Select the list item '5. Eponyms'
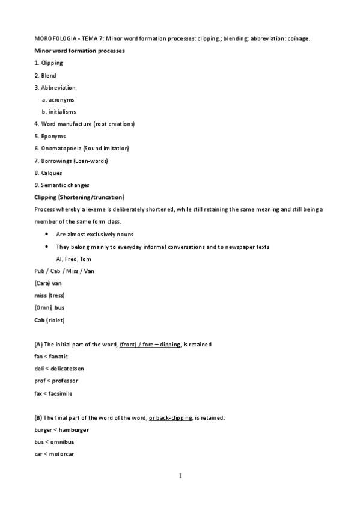[50, 136]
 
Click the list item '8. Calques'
[48, 173]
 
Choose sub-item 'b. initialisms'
[59, 112]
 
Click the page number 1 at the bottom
[180, 476]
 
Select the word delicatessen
[67, 369]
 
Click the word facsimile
[63, 393]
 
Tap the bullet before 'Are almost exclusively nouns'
[47, 235]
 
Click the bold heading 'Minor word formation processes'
[79, 51]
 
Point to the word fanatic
[58, 356]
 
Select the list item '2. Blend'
[45, 75]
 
